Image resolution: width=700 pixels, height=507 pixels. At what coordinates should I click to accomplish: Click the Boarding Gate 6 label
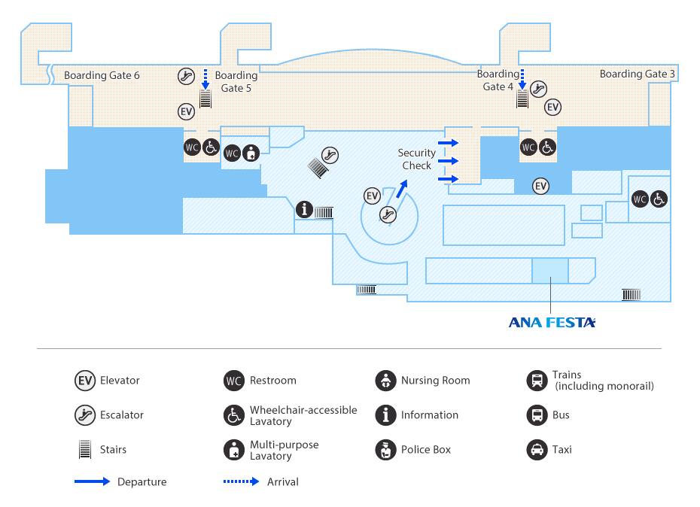pos(102,75)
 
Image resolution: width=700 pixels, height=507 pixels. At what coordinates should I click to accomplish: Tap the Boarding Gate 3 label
pos(637,74)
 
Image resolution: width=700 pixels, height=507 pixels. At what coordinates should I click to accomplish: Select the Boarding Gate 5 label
pos(236,81)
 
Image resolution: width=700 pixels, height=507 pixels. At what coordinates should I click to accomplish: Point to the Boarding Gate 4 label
pos(498,80)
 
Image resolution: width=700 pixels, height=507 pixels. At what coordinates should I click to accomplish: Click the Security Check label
pos(416,159)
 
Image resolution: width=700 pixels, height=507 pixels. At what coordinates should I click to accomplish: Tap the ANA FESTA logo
pos(552,323)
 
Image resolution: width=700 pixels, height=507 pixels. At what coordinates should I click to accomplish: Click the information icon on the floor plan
pos(304,209)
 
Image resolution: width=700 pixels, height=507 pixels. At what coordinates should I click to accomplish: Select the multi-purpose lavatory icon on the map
pos(251,152)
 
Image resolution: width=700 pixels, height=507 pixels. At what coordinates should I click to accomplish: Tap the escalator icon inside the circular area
pos(388,214)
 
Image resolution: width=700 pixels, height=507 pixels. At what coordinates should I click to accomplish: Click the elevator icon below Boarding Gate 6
pos(187,111)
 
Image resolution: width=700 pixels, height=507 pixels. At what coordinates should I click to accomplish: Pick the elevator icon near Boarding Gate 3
pos(553,107)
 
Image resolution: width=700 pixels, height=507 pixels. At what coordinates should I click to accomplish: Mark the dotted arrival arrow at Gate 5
pos(205,77)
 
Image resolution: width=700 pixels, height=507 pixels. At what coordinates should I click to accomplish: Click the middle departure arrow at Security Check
pos(449,160)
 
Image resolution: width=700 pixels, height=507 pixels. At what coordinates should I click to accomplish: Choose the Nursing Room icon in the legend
pos(385,380)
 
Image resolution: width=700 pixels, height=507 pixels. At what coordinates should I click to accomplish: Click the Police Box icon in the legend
pos(385,449)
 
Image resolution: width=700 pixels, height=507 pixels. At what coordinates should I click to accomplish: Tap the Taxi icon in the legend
pos(537,449)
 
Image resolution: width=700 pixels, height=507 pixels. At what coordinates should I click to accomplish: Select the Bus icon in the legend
pos(537,414)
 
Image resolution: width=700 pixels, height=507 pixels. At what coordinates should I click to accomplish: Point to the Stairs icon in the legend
pos(85,449)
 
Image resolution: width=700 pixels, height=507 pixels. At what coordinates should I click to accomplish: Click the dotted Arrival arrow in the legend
pos(241,481)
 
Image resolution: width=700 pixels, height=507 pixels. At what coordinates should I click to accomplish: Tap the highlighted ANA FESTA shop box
pos(550,270)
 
